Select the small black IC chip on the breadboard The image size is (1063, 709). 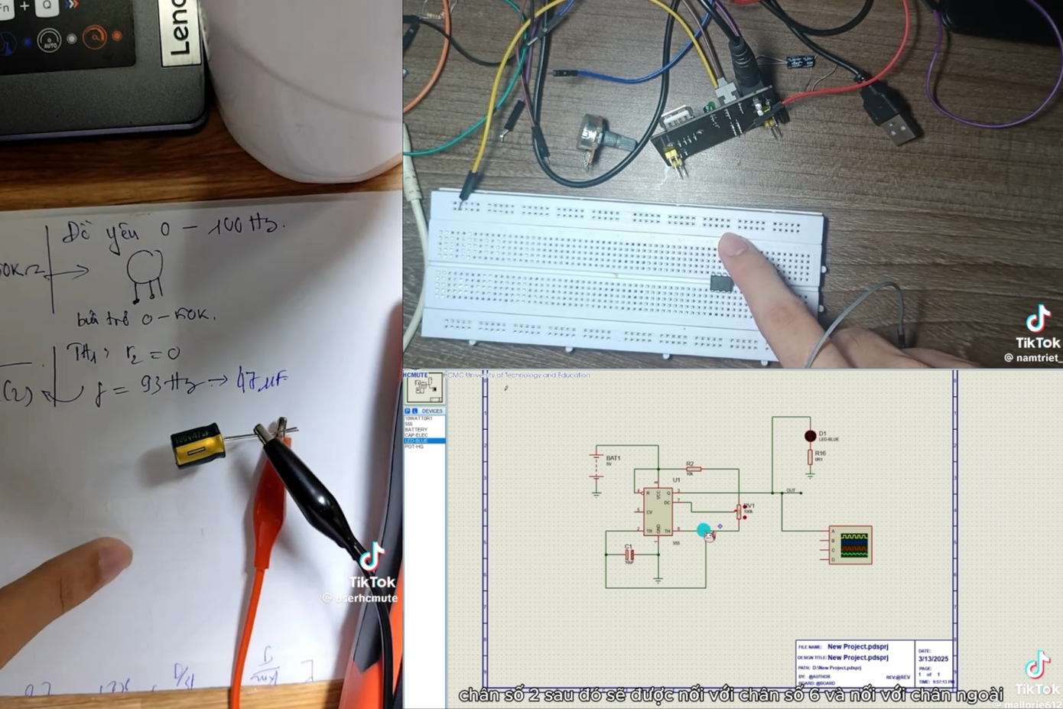tap(721, 284)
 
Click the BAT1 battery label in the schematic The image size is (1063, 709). tap(613, 458)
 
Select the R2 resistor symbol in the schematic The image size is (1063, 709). tap(693, 469)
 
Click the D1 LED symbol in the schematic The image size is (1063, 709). tap(810, 436)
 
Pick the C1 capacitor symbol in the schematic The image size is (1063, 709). tap(630, 554)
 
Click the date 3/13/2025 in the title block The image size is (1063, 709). tap(933, 659)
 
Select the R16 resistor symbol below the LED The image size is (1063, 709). tap(810, 457)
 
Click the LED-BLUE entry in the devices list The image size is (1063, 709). tap(418, 441)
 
